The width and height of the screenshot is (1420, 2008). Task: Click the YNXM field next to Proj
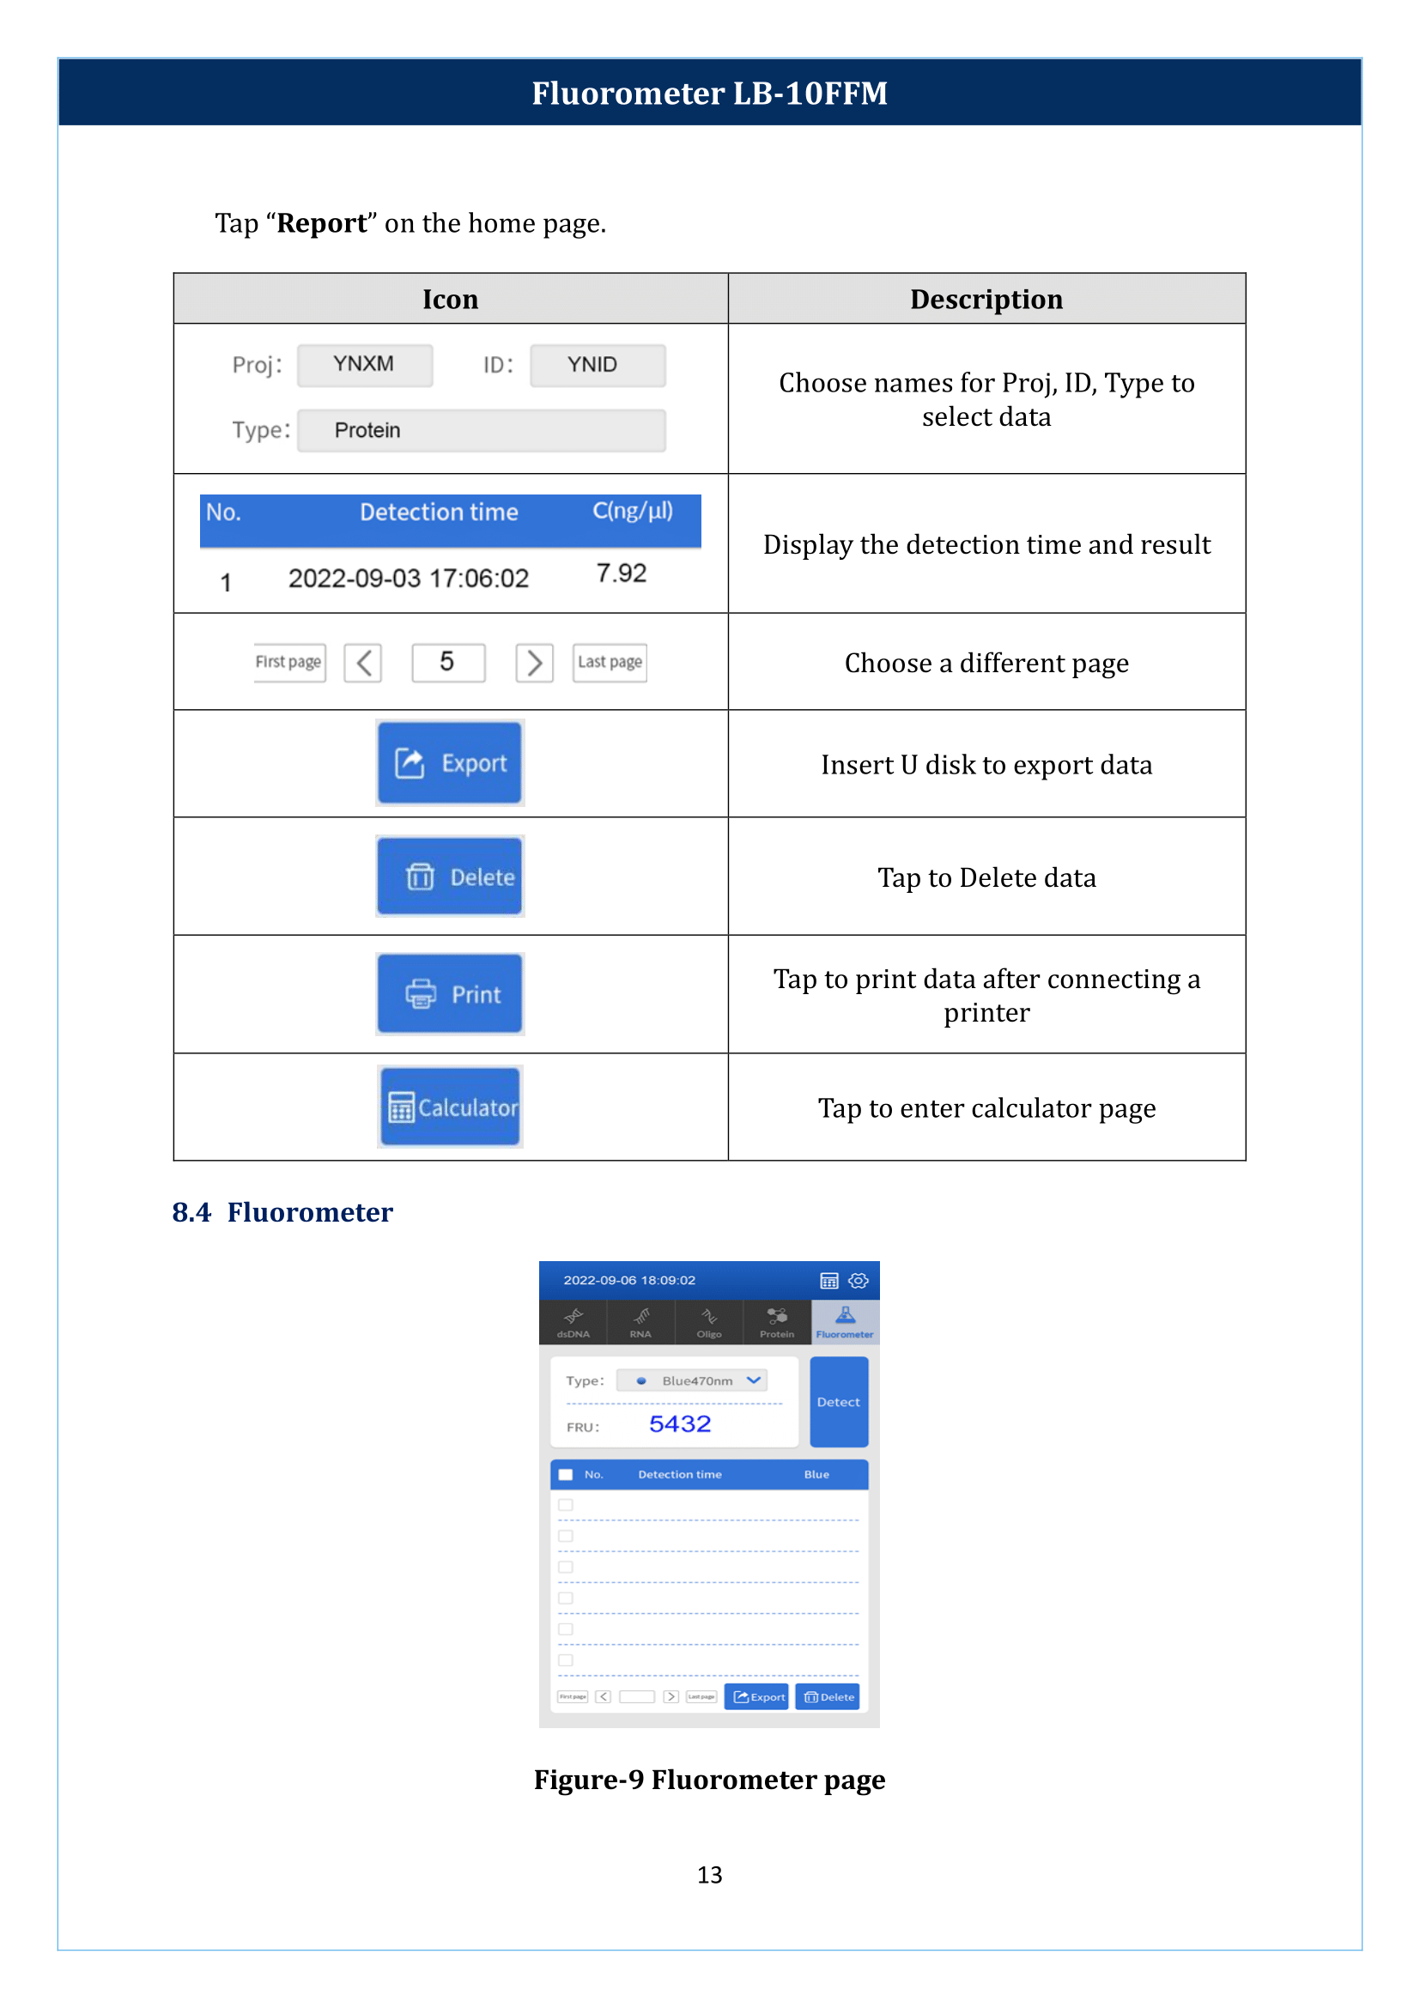(x=365, y=365)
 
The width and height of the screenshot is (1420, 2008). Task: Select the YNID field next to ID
(x=598, y=365)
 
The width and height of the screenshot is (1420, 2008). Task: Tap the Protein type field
(x=481, y=430)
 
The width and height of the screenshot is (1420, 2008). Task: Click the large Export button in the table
(x=449, y=762)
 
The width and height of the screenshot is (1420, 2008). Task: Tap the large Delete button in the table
(x=449, y=877)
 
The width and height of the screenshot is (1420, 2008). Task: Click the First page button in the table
(x=289, y=662)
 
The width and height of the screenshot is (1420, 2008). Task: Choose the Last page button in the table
(x=610, y=662)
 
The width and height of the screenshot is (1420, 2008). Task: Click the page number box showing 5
(x=447, y=662)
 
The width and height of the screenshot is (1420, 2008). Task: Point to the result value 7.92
(x=621, y=573)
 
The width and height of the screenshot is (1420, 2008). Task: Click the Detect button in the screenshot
(x=838, y=1401)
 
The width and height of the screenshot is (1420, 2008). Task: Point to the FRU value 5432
(x=679, y=1423)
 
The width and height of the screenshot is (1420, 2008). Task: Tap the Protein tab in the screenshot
(x=776, y=1321)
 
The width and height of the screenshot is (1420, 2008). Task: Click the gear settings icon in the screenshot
(x=859, y=1280)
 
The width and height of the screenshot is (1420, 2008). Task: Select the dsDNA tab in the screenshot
(x=573, y=1321)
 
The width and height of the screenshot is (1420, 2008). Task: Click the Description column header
(x=986, y=299)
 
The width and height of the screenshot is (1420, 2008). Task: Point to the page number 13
(x=709, y=1874)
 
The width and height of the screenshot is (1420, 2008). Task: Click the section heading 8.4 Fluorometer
(x=282, y=1212)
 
